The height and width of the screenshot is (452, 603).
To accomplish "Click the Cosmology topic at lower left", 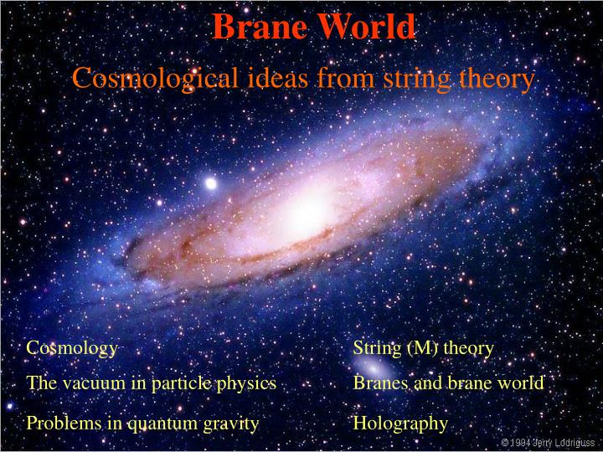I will [72, 347].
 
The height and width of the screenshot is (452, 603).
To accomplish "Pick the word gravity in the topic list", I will [231, 424].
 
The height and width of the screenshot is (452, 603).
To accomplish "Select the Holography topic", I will [400, 424].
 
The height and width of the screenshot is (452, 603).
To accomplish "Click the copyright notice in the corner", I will [548, 442].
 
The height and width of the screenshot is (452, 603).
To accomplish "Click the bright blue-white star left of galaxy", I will [210, 182].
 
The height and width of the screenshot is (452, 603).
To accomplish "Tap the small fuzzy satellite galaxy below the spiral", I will [379, 368].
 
